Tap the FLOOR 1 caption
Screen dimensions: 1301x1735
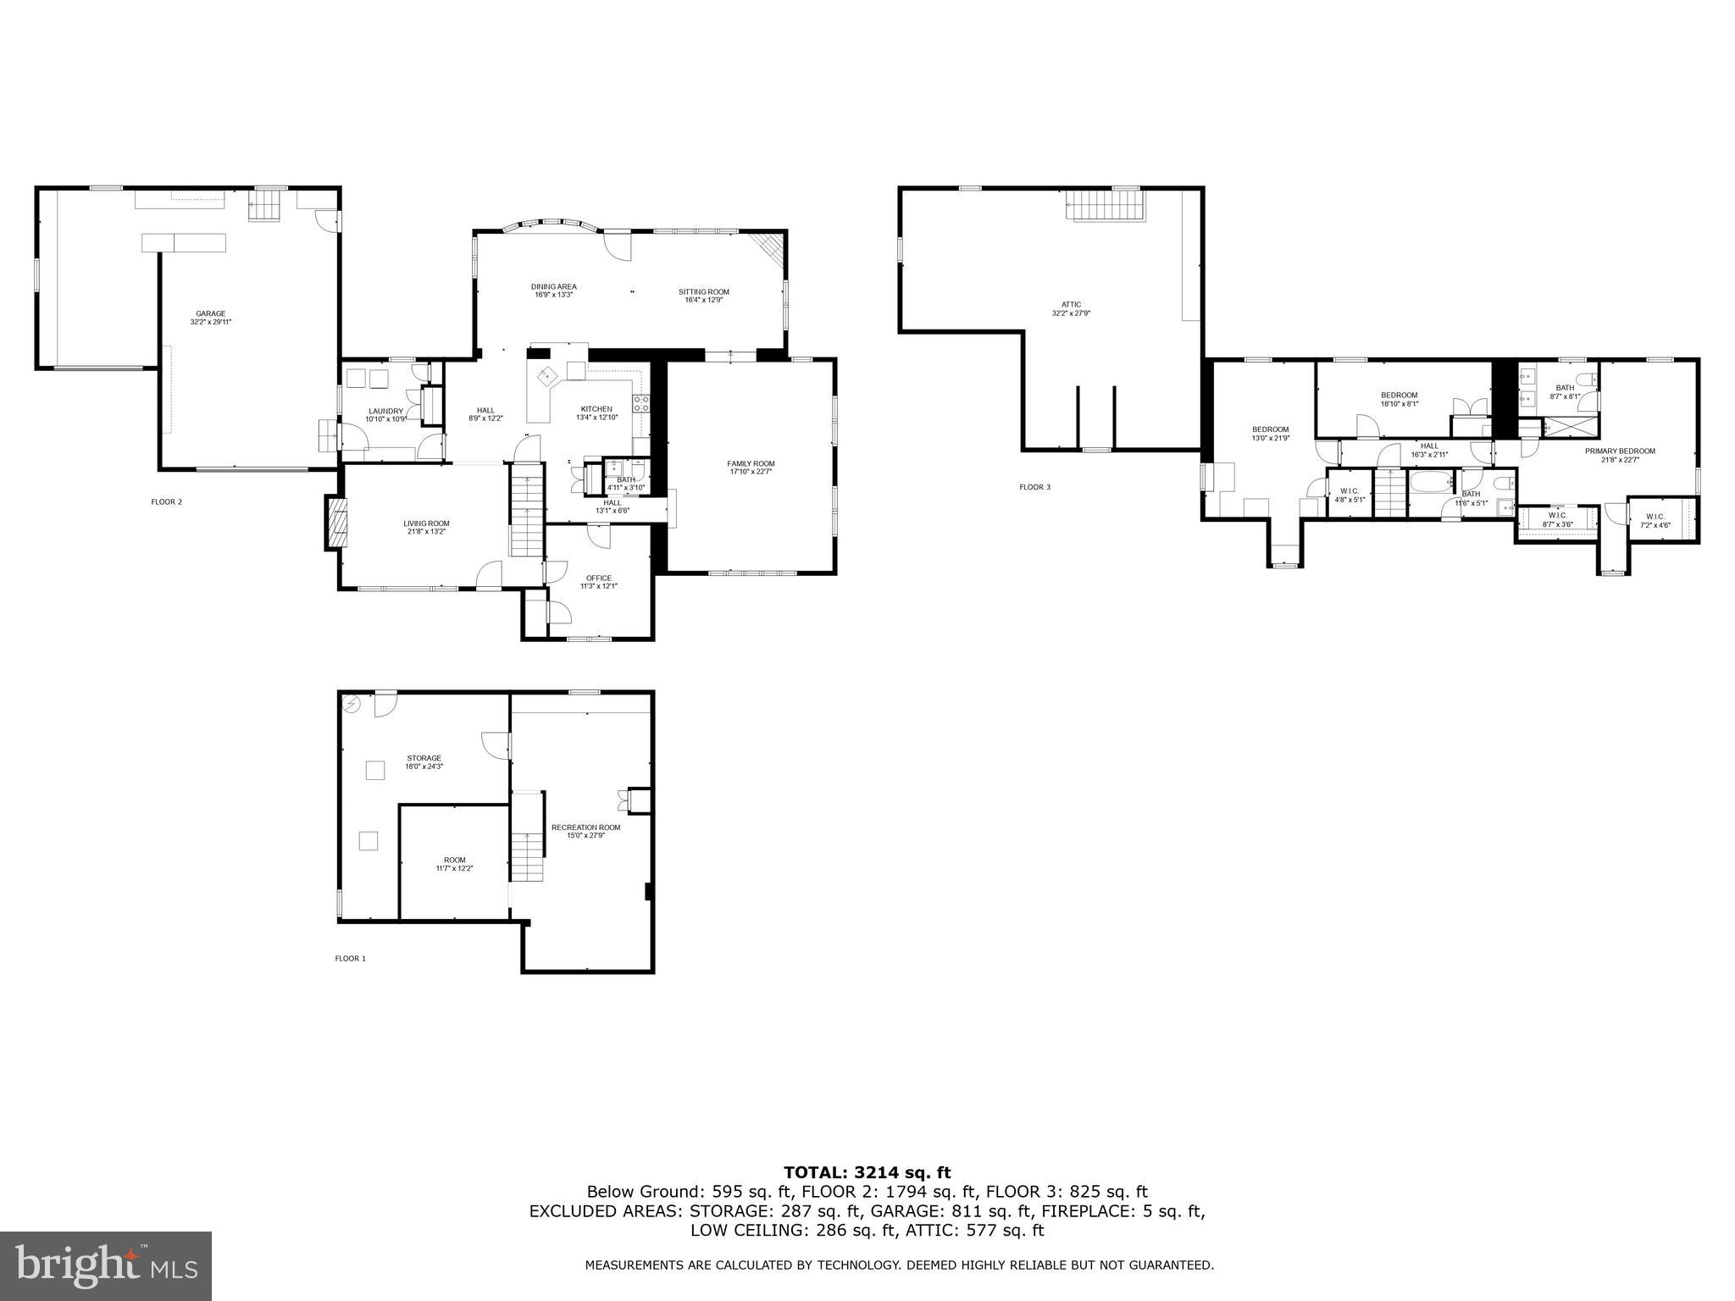tap(350, 959)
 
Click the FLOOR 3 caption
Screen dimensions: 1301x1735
tap(1034, 487)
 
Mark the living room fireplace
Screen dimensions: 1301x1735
tap(336, 523)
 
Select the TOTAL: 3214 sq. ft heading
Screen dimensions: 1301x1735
tap(867, 1172)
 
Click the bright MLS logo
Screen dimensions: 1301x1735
tap(106, 1265)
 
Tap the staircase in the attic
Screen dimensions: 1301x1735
tap(1105, 205)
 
